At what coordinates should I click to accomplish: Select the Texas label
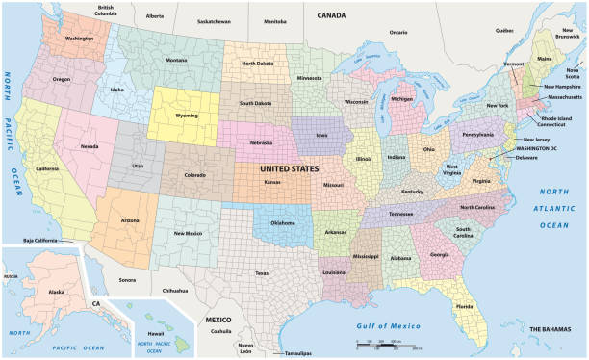(x=261, y=272)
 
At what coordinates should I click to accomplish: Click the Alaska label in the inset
(x=56, y=291)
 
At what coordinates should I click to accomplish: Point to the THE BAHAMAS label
(x=551, y=329)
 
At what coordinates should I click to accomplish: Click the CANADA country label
(x=331, y=15)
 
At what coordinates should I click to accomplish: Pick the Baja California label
(x=41, y=240)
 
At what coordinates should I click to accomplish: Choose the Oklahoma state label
(x=283, y=223)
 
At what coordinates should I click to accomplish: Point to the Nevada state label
(x=90, y=146)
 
